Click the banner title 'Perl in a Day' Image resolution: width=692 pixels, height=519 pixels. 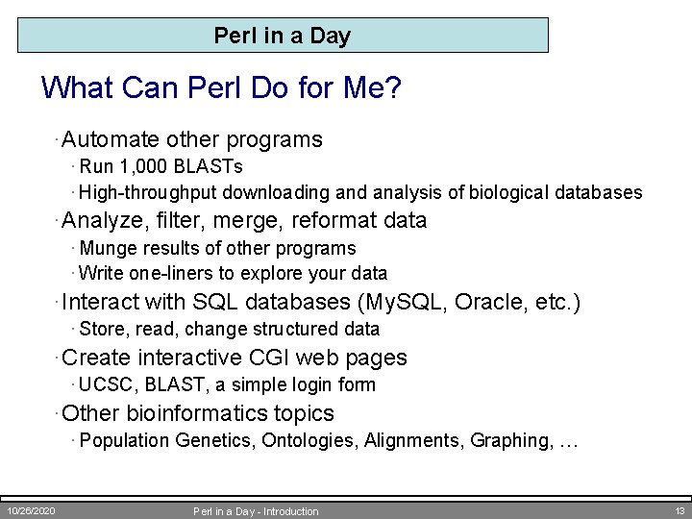(x=283, y=37)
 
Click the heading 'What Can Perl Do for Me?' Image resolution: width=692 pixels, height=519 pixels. (x=221, y=89)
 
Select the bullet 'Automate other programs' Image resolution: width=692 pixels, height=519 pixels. (x=192, y=139)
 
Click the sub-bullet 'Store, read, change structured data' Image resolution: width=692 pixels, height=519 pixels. (x=230, y=329)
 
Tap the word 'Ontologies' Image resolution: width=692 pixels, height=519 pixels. (x=309, y=440)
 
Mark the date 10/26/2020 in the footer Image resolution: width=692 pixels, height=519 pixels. (x=32, y=510)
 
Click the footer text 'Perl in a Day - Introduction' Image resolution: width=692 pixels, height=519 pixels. (x=256, y=511)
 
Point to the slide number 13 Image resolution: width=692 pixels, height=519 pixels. (x=680, y=510)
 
